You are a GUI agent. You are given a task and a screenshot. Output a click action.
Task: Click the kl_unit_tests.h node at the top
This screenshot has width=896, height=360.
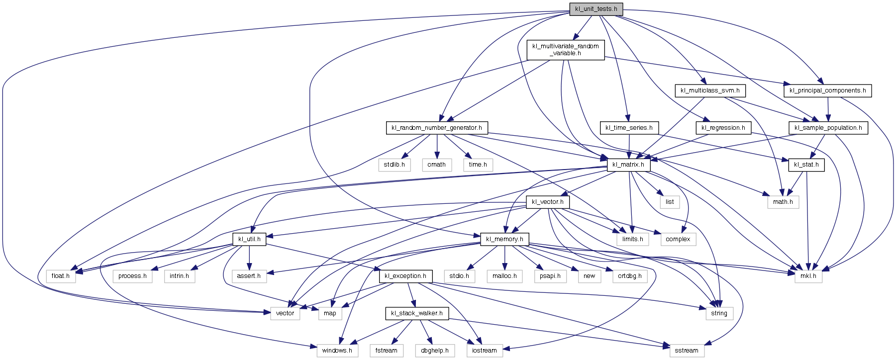point(596,9)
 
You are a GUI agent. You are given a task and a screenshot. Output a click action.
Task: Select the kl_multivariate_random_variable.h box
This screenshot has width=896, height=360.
point(566,50)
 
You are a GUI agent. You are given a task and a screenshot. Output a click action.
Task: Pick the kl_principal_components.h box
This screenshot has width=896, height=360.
point(828,90)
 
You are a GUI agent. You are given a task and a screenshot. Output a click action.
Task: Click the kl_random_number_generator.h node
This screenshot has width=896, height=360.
point(437,128)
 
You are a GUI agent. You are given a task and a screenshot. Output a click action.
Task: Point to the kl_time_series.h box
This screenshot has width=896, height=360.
point(629,128)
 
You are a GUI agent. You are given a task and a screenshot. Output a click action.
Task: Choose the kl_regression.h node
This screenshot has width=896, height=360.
point(723,128)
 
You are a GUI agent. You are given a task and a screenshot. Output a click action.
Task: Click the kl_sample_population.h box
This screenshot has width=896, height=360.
point(828,128)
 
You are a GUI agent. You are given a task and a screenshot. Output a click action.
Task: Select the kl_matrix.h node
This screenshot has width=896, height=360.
point(628,165)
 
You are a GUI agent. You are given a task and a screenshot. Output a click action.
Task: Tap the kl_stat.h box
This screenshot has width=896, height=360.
point(806,165)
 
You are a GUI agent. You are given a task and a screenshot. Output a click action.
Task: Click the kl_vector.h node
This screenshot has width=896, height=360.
point(548,202)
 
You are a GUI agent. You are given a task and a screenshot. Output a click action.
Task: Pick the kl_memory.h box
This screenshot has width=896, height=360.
point(505,239)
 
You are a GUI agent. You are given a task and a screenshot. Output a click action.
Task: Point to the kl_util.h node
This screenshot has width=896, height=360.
point(249,239)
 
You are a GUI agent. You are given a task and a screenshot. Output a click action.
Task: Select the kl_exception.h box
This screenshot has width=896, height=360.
point(405,276)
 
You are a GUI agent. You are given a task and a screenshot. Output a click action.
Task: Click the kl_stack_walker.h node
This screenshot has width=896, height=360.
point(417,313)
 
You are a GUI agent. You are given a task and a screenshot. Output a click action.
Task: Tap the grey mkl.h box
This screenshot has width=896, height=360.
point(808,276)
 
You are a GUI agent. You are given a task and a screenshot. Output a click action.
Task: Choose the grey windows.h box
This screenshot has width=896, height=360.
point(337,351)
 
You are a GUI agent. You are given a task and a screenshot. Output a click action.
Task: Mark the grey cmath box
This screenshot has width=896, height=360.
point(437,165)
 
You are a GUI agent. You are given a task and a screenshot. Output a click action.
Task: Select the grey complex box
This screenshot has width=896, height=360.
point(678,239)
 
